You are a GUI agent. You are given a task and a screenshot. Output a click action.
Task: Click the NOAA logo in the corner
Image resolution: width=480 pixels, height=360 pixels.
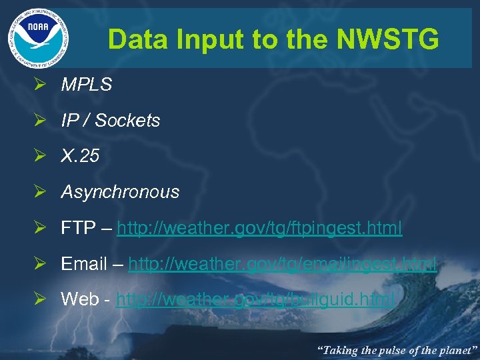click(38, 37)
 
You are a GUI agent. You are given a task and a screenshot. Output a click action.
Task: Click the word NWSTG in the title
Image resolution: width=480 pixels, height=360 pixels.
click(389, 40)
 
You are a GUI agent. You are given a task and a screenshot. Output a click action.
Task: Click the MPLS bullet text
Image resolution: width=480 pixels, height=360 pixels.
click(86, 85)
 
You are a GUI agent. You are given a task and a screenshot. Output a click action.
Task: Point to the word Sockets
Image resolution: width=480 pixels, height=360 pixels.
click(127, 121)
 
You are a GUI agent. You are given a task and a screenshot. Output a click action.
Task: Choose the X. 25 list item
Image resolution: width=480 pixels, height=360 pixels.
click(80, 156)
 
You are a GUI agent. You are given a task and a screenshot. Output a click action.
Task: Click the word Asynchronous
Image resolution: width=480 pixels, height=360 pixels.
click(120, 192)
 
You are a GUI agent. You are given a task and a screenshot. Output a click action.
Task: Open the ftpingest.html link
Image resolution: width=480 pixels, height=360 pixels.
click(259, 228)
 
